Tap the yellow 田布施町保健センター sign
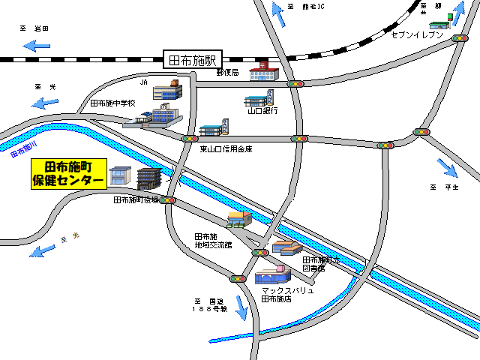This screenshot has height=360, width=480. (x=69, y=174)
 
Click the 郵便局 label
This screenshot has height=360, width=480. (x=226, y=73)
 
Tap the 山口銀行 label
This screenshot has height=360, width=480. (x=262, y=111)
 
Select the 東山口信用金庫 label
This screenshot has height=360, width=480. (x=226, y=148)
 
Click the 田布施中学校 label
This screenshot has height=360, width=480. (x=112, y=103)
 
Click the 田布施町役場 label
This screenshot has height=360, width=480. (x=136, y=200)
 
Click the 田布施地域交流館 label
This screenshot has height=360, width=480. (x=212, y=241)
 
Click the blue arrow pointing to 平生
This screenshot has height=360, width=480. (x=447, y=166)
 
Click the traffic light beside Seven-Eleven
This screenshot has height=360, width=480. (x=460, y=38)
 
